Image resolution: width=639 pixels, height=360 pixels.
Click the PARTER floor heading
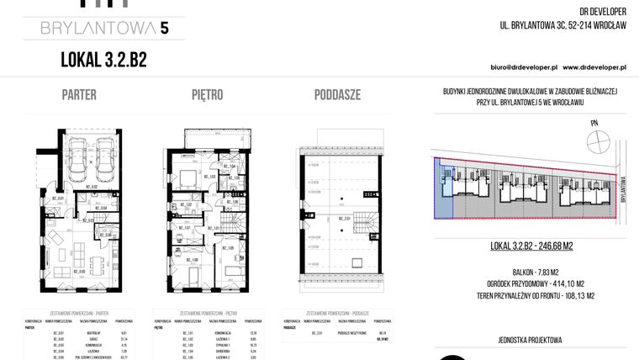coord(79,94)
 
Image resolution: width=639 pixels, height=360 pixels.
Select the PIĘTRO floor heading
coord(206,94)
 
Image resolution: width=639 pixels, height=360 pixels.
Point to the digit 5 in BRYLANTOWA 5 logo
coord(164,29)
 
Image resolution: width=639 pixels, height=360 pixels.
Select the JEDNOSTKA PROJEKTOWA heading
coord(530,340)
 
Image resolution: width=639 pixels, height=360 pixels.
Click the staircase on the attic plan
coord(367,226)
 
